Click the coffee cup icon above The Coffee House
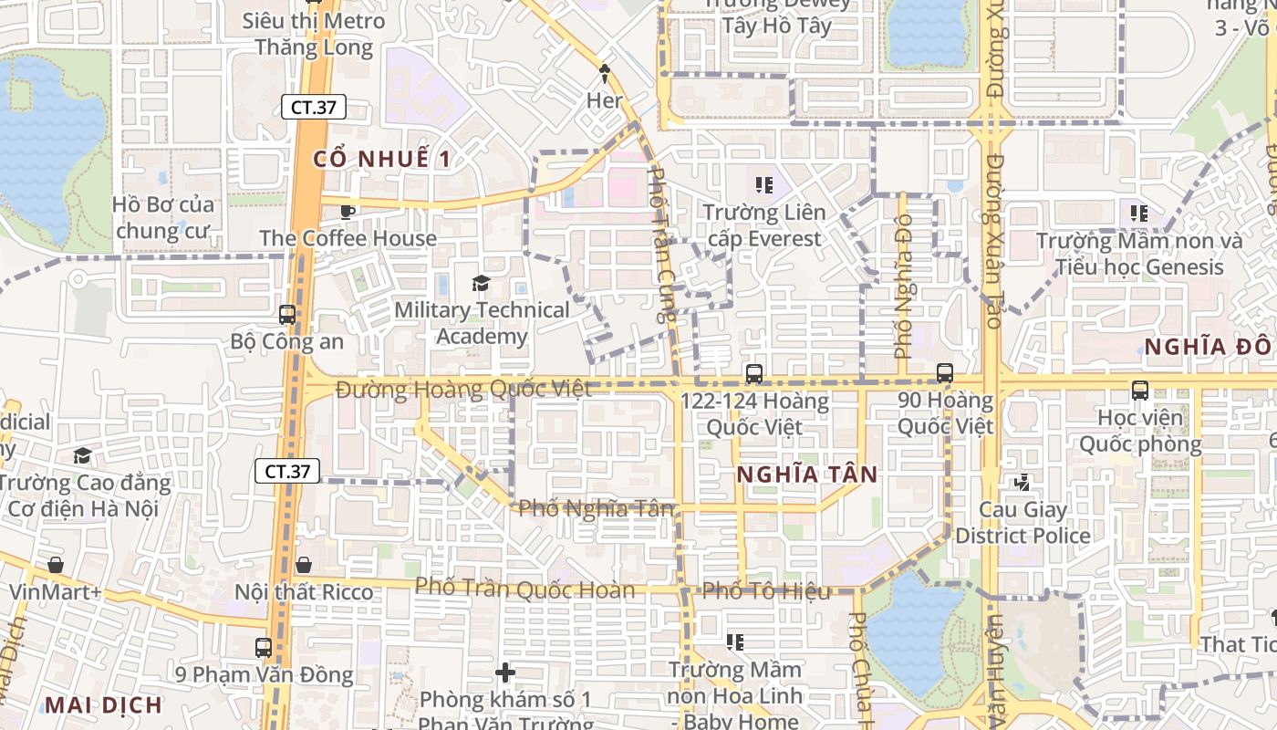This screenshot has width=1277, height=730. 347,212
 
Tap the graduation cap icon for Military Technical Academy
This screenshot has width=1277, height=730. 481,284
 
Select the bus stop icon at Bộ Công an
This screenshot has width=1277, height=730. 287,315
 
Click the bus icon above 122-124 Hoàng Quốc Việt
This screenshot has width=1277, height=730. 753,373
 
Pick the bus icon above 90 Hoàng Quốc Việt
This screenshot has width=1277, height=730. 945,373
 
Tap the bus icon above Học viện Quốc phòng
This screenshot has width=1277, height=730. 1140,391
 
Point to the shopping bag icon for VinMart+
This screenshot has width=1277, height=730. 56,565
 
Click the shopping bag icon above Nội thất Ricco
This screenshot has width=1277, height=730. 304,566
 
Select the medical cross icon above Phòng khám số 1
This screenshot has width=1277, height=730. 505,673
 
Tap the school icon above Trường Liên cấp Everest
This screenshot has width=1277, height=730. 763,185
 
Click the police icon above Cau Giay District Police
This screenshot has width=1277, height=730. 1022,482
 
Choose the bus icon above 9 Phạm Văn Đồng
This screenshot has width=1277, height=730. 264,648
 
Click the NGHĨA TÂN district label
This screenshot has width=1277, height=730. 806,474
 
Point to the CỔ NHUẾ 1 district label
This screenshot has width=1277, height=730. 381,159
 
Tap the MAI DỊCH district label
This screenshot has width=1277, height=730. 103,704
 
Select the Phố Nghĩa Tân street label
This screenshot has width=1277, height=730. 596,508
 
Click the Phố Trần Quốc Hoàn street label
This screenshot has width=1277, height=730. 524,589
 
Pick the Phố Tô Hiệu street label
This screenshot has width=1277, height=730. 766,591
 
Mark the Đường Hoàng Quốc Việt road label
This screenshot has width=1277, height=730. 463,390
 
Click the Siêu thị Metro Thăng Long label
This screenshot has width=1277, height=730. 314,34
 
